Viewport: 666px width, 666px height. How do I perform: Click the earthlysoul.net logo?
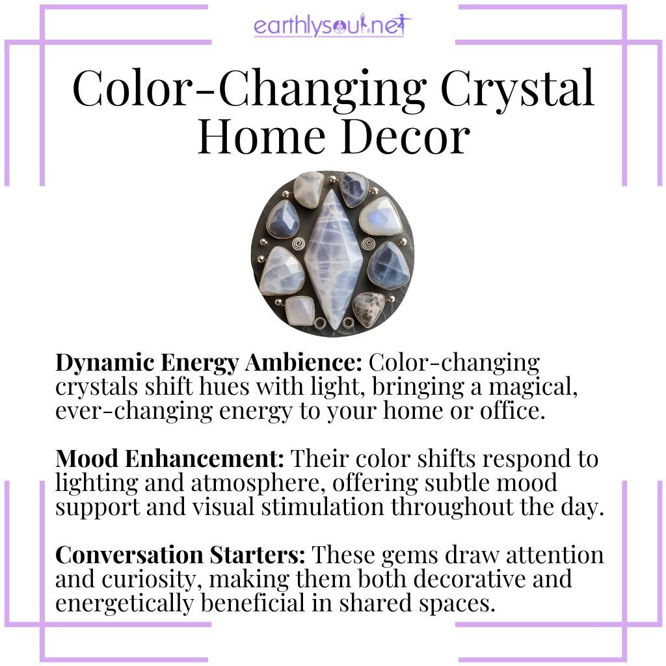click(x=332, y=27)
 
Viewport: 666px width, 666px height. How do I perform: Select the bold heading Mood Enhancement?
click(x=170, y=459)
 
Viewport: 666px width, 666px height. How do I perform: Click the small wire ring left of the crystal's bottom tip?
click(x=319, y=323)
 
